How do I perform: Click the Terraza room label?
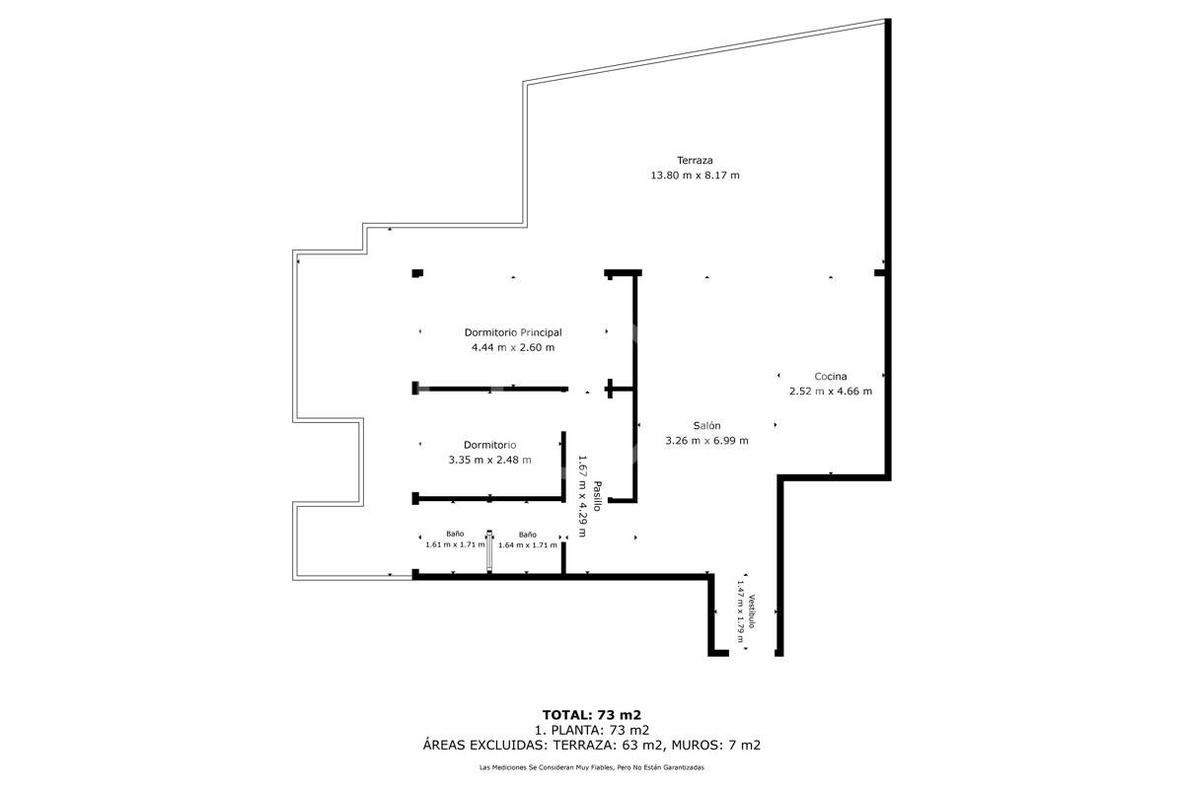[695, 160]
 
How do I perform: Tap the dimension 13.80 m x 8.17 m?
[695, 176]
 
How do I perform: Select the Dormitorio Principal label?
[513, 332]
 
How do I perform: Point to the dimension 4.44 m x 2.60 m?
[513, 348]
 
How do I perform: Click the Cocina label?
[831, 377]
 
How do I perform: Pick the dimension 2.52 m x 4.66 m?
[831, 392]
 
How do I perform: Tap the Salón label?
[706, 425]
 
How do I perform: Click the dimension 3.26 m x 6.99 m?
[706, 441]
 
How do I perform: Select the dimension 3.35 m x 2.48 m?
[490, 460]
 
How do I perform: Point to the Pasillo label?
[597, 496]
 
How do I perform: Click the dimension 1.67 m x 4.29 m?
[582, 496]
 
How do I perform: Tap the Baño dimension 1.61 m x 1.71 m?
[455, 544]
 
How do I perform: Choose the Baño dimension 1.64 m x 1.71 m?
[528, 544]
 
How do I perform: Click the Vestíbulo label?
[751, 611]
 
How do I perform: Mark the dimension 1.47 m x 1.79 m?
[741, 611]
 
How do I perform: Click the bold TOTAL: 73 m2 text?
[591, 715]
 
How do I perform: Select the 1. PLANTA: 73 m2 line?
[591, 731]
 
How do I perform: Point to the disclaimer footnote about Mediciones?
[591, 767]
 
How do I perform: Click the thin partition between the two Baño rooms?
[489, 551]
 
